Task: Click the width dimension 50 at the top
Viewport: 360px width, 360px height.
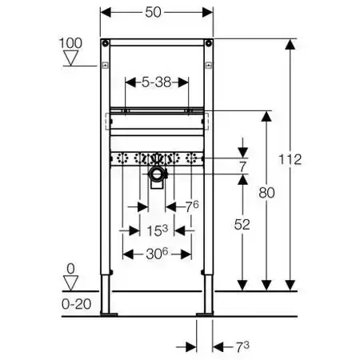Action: point(154,12)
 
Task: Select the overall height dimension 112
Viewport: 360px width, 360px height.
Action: point(290,159)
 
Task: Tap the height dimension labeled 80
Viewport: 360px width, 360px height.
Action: point(266,193)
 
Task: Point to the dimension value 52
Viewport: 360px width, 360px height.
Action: point(242,225)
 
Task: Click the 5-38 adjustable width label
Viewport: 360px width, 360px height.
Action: point(157,82)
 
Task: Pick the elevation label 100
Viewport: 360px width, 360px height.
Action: point(70,43)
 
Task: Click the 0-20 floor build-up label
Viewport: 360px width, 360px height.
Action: point(77,304)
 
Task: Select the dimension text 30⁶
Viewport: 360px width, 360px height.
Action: point(157,254)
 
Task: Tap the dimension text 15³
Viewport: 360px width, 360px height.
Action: point(158,230)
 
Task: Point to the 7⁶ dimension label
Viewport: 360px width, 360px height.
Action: point(192,206)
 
